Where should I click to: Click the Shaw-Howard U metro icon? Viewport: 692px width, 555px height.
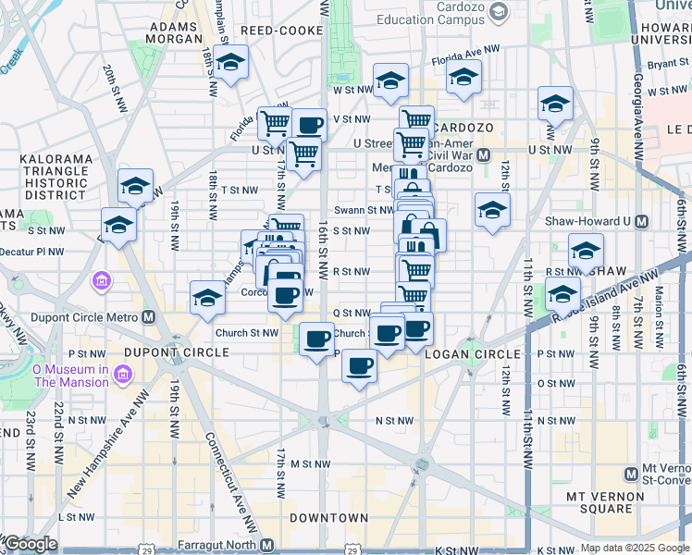click(x=642, y=221)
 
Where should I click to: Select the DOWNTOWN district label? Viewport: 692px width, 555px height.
click(x=328, y=518)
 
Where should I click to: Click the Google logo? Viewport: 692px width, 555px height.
click(x=30, y=544)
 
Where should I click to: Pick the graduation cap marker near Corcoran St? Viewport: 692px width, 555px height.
click(x=207, y=297)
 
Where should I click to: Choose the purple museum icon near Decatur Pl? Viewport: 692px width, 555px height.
click(x=102, y=279)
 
